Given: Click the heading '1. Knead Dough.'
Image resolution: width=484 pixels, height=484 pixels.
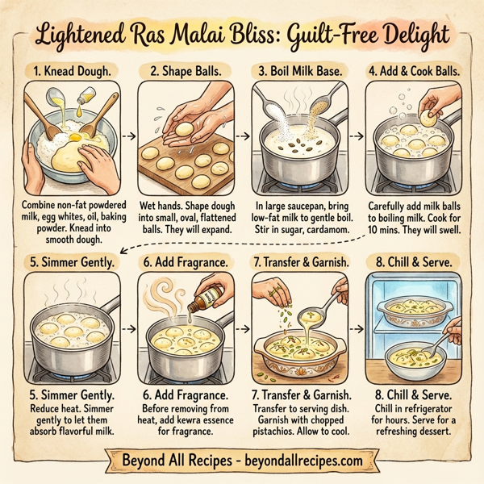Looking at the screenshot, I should pos(73,69).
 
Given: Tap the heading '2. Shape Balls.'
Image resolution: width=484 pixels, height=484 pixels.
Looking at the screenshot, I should pos(186,69).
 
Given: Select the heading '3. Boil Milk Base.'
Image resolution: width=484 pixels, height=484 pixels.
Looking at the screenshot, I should pos(298,69).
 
